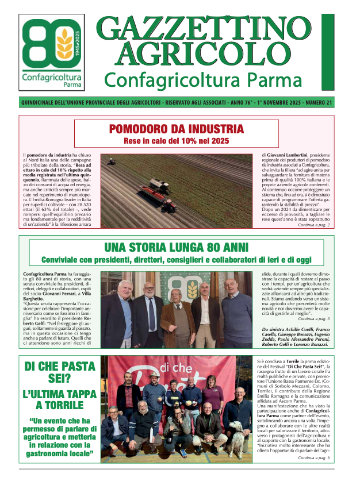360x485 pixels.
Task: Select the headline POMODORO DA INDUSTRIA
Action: pos(177,129)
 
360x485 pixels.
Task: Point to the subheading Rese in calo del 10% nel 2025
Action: pos(177,141)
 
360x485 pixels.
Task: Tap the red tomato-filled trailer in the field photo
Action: pos(145,188)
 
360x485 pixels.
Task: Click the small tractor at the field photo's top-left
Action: pos(112,163)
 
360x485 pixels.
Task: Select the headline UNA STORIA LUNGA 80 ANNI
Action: pos(177,248)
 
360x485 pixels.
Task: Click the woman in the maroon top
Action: pos(212,392)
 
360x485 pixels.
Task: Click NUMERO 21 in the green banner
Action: pos(318,103)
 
